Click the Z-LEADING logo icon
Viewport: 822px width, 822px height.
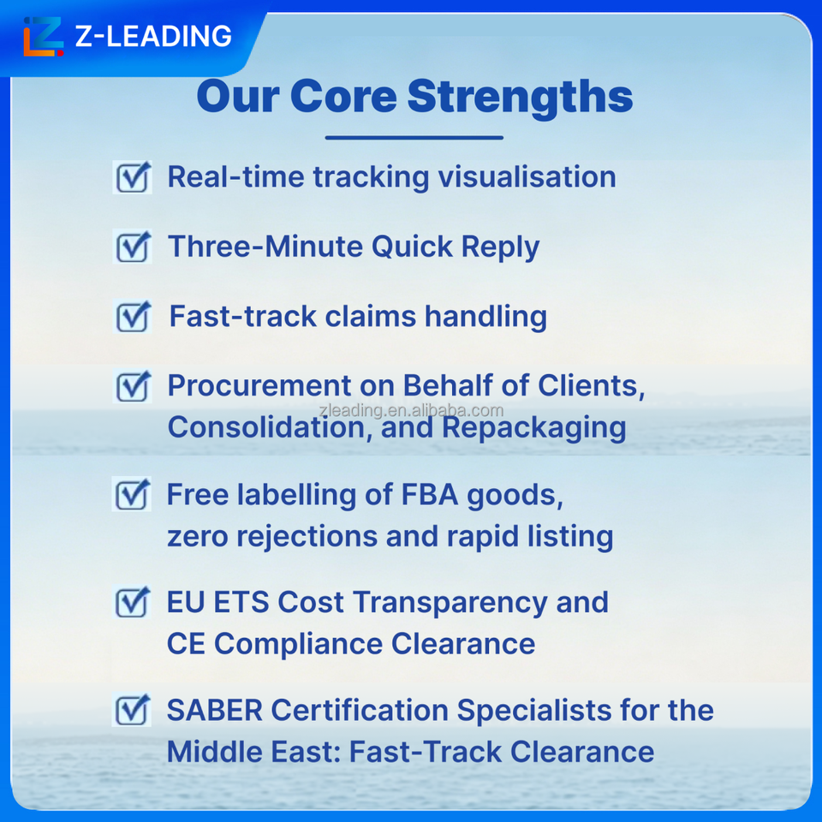(x=44, y=36)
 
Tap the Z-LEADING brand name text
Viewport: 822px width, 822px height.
(x=153, y=36)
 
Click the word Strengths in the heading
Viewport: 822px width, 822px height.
(x=520, y=97)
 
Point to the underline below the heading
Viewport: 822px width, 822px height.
(x=414, y=138)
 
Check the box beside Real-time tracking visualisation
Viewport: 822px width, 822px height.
(x=133, y=177)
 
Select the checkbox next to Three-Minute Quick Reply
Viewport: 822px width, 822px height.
(x=133, y=247)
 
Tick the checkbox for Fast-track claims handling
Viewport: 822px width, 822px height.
(x=133, y=317)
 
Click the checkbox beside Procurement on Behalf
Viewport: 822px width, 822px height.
(x=133, y=386)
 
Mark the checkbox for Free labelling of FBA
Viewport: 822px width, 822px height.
(x=132, y=494)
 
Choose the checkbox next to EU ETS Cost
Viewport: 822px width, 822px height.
(x=132, y=602)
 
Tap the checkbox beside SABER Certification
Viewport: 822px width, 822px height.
(x=132, y=710)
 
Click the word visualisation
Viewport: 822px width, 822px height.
(x=527, y=176)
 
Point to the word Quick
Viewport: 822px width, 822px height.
(x=412, y=247)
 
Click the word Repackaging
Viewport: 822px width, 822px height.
(x=533, y=428)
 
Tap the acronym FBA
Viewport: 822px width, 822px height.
(x=429, y=495)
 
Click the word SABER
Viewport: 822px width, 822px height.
(x=214, y=711)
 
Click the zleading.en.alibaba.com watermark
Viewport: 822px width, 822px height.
(x=412, y=410)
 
